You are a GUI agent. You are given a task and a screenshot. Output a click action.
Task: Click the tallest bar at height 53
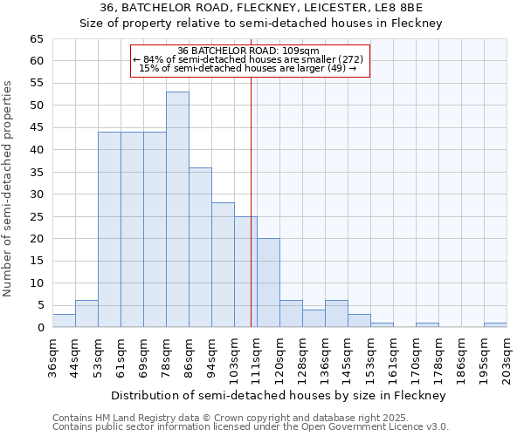coord(177,209)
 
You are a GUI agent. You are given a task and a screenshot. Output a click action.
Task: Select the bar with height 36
coord(200,248)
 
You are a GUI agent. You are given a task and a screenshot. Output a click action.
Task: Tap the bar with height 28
coord(223,265)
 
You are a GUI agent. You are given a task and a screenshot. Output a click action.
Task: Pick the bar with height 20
coord(268,283)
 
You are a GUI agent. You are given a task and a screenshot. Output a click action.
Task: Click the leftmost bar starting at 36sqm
coord(64,321)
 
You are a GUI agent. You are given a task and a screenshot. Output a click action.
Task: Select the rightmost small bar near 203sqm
coord(495,325)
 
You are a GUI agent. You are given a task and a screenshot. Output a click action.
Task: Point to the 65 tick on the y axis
coord(36,39)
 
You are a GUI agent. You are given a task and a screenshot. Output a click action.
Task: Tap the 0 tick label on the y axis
coord(39,328)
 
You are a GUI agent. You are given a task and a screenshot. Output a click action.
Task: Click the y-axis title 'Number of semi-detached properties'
coord(9,188)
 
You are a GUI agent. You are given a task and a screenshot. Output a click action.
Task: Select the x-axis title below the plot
coord(279,395)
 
